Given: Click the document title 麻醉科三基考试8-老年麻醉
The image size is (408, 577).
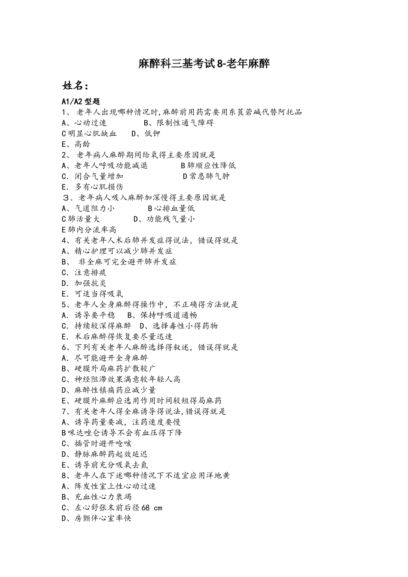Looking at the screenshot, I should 204,64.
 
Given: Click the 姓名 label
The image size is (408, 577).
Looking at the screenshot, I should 76,86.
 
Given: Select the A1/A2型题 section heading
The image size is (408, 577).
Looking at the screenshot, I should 81,102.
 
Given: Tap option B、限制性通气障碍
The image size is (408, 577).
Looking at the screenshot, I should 179,123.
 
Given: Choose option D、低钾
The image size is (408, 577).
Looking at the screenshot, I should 146,134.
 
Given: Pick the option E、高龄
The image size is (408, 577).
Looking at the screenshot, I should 76,144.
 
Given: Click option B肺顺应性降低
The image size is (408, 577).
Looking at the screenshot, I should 208,166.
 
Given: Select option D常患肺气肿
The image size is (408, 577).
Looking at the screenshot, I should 206,176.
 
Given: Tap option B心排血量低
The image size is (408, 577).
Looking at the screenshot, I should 171,209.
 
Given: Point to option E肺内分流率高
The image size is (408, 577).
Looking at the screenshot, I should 89,230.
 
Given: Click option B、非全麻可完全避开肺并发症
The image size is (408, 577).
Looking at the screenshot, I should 119,262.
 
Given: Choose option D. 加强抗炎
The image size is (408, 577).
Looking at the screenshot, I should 84,283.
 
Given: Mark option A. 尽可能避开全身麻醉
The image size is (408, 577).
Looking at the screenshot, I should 105,358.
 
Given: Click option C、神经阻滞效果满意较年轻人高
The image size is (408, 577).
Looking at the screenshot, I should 121,379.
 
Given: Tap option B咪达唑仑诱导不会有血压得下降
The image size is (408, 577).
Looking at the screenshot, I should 122,433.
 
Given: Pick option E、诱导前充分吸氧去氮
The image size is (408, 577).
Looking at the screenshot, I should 105,465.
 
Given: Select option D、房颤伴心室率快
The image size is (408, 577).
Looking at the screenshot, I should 97,518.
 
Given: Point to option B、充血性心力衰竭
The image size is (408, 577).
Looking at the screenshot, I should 97,497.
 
